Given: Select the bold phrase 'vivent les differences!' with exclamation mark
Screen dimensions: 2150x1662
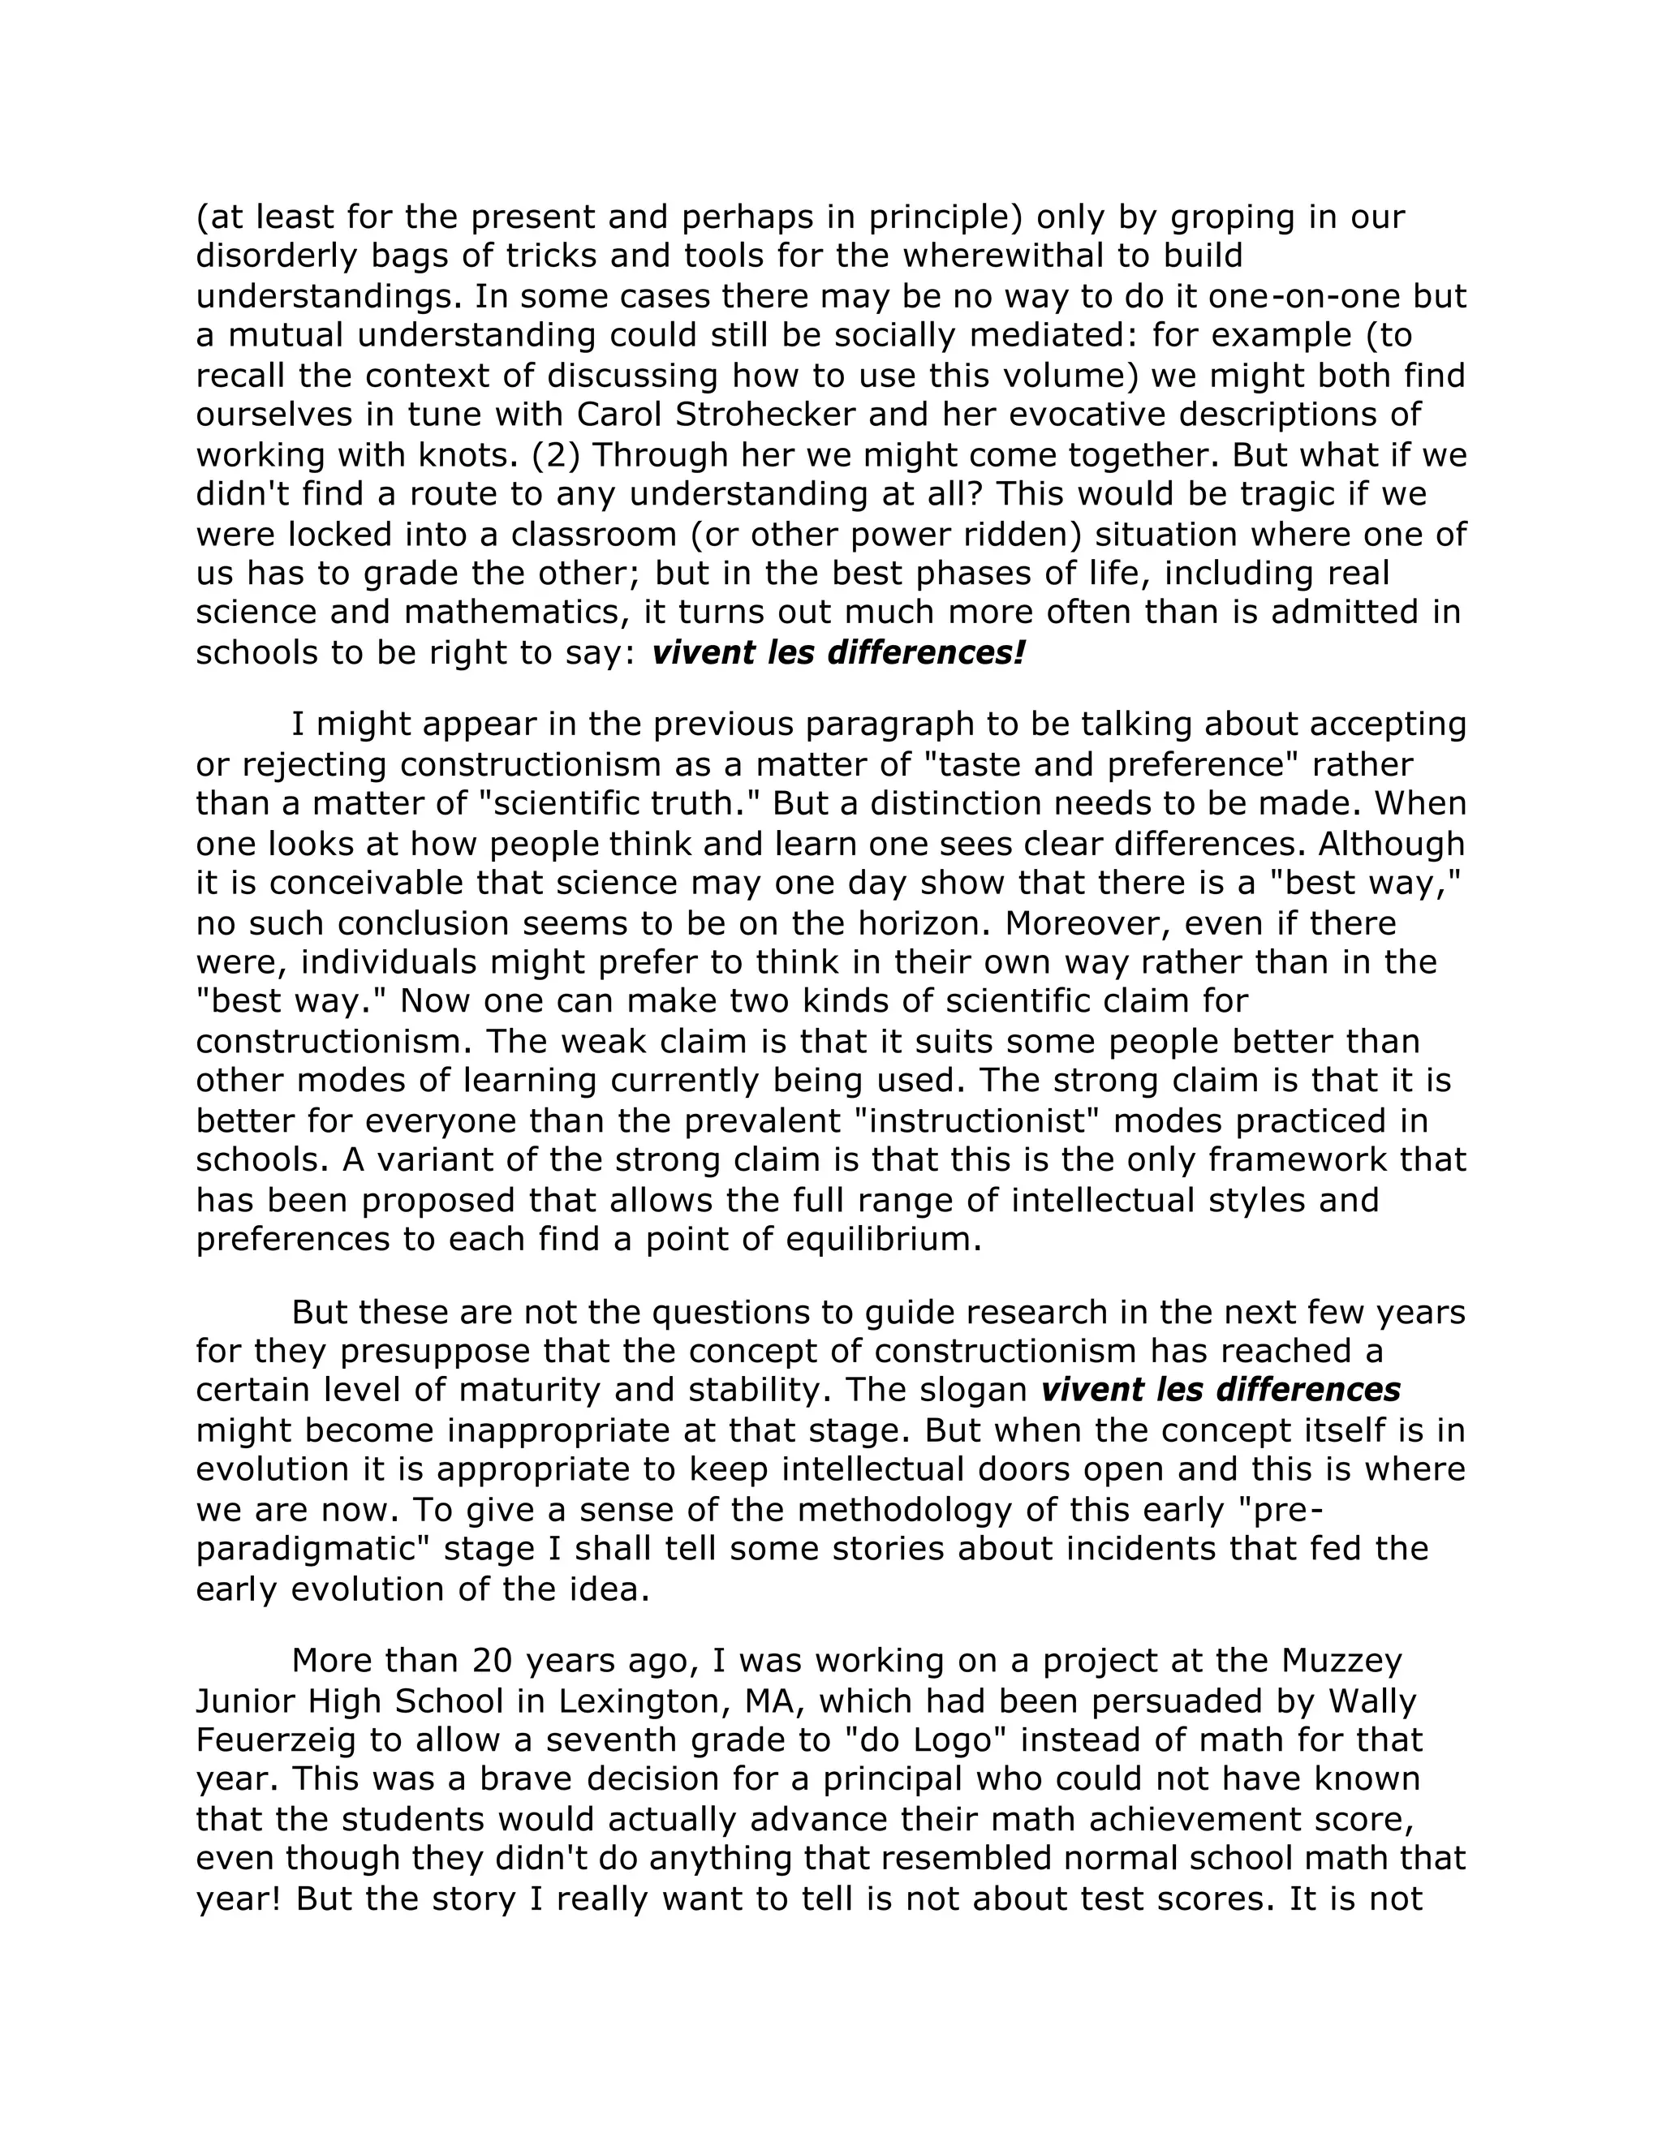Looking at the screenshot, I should tap(837, 651).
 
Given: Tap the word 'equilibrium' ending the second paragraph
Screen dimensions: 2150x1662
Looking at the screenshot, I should tap(885, 1238).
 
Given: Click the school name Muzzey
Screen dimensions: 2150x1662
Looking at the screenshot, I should tap(1341, 1661).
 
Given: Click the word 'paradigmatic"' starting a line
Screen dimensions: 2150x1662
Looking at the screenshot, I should tap(313, 1549).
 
